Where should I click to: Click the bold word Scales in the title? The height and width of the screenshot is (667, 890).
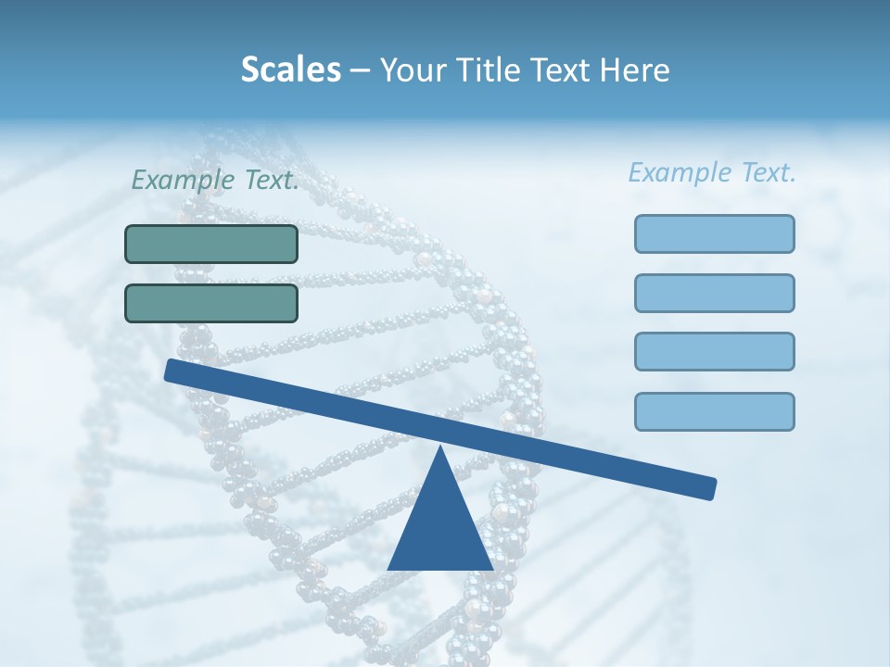coord(290,69)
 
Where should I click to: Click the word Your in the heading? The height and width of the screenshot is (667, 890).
coord(410,69)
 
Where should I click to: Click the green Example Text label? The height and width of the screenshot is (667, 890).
coord(215,180)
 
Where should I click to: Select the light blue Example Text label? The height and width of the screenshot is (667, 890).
coord(712,172)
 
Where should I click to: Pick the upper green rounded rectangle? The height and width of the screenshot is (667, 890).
coord(211,244)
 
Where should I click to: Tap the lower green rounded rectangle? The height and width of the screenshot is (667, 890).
coord(211,303)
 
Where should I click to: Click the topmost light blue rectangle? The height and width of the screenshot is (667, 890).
coord(714,233)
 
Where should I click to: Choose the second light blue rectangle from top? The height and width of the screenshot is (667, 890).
coord(714,293)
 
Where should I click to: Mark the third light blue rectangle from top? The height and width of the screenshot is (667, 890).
coord(714,352)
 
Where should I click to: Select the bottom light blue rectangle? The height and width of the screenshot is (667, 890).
coord(714,411)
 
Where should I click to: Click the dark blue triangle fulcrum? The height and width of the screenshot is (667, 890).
coord(440,528)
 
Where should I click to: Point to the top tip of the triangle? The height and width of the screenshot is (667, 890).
coord(440,448)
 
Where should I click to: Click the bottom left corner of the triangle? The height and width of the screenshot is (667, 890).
coord(390,568)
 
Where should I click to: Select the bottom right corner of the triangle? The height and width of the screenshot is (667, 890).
coord(490,568)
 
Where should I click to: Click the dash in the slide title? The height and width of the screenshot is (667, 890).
coord(360,70)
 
